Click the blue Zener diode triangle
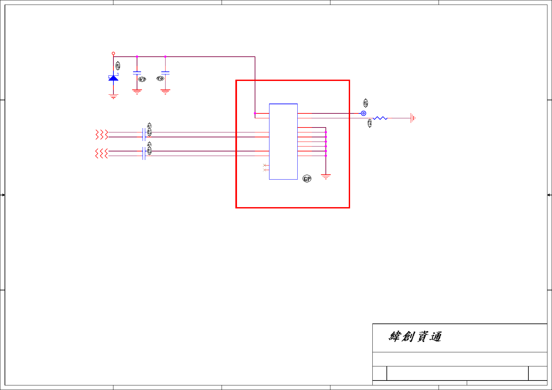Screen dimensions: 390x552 [113, 78]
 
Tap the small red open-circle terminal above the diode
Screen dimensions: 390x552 [113, 53]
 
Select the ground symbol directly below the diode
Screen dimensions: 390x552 [113, 96]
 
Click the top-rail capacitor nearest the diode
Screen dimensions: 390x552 [137, 73]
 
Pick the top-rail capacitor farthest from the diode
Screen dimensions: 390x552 [165, 73]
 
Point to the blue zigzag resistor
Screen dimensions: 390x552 [380, 118]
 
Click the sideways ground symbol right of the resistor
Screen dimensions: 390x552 [413, 118]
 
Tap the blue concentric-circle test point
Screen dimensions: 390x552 [364, 113]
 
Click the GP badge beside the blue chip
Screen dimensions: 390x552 [307, 179]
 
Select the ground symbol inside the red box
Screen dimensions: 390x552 [326, 177]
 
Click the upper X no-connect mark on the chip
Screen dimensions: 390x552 [265, 165]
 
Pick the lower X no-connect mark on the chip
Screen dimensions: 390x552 [265, 170]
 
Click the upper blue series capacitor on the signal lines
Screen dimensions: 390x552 [144, 134]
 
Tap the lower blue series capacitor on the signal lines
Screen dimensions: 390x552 [144, 153]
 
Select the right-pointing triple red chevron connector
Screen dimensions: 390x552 [102, 134]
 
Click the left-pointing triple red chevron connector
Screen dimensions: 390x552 [102, 153]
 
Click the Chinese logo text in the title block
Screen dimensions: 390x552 [415, 337]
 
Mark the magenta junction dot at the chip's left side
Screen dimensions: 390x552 [255, 113]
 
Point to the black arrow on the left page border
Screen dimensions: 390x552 [3, 195]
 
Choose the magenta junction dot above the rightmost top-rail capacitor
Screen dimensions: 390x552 [165, 57]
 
